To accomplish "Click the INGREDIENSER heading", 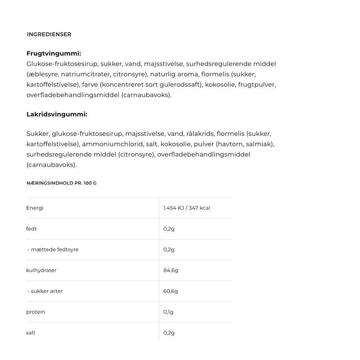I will point(49,34).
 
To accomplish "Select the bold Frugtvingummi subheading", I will point(54,54).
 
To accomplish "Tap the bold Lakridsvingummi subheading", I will point(57,114).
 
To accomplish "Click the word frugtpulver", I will point(257,85).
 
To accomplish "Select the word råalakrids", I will point(200,134).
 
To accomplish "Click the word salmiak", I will point(260,144).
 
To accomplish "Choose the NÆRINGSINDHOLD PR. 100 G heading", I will point(62,183).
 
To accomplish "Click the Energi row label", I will point(35,208).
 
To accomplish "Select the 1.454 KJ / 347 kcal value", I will point(187,208).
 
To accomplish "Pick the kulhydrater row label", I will point(41,270).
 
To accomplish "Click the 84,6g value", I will point(171,270).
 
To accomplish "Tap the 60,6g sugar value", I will point(171,291).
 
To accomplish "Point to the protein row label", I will point(36,312).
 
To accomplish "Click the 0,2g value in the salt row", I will point(169,333).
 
